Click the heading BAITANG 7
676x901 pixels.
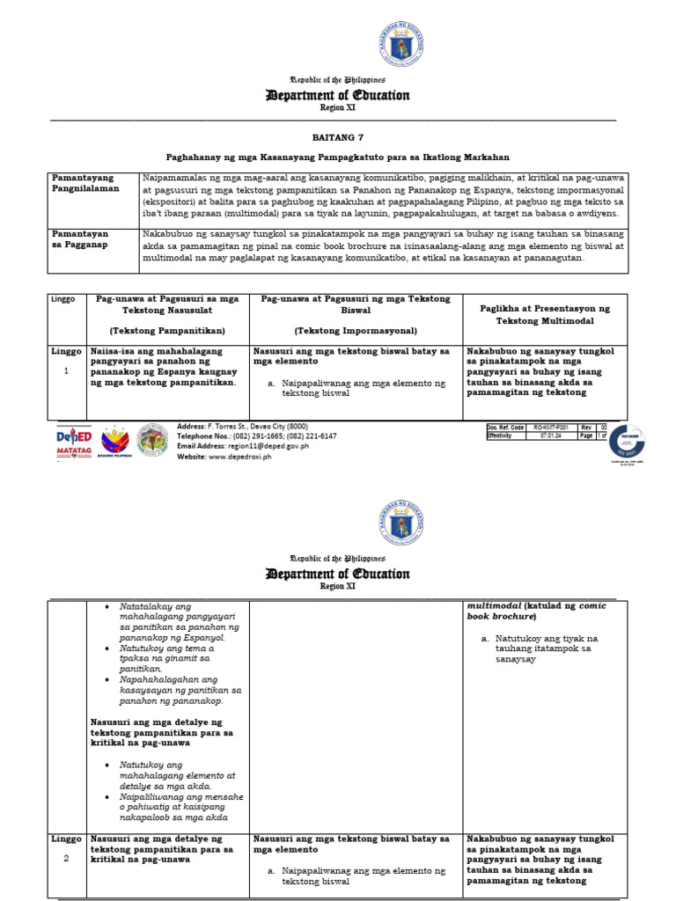[337, 138]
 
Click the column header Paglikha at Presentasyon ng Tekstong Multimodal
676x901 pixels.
[545, 315]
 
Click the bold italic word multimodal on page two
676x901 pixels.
[495, 606]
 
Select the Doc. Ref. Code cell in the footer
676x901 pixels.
[506, 427]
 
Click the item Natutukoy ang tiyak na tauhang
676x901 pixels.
[546, 648]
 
